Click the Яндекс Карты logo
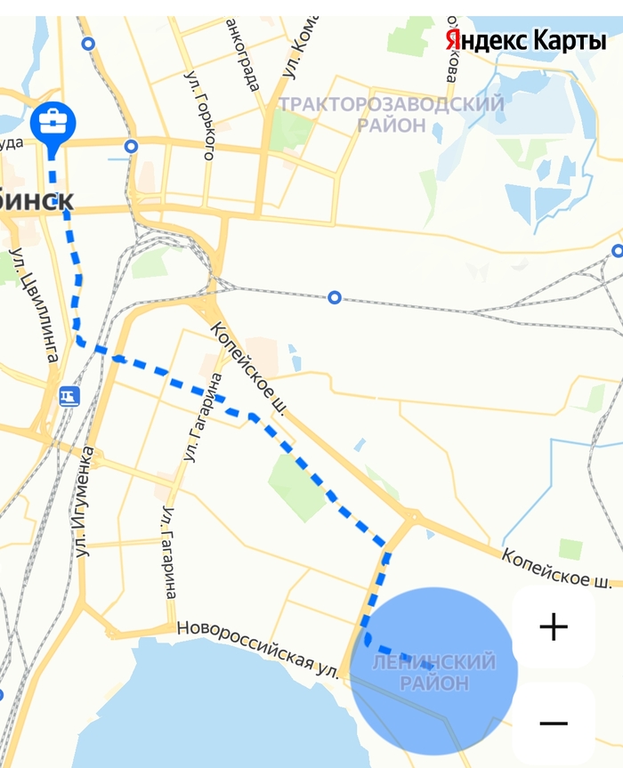(524, 40)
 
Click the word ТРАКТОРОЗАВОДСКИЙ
(392, 104)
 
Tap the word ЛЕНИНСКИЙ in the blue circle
(433, 663)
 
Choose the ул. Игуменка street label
(86, 502)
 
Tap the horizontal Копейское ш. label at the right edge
(556, 567)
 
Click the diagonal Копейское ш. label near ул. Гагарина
(248, 369)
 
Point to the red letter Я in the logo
(453, 40)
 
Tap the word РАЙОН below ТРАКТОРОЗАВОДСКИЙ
(392, 125)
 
